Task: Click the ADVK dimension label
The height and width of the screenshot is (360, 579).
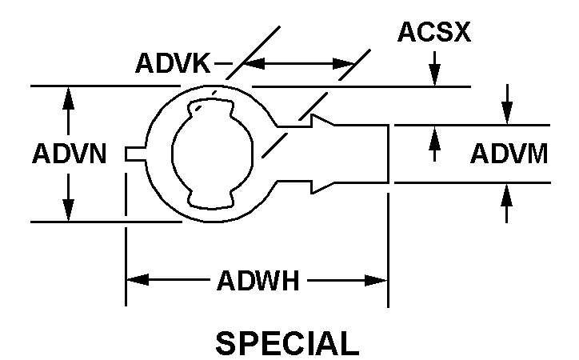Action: (173, 63)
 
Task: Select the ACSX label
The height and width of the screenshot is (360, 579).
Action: (435, 34)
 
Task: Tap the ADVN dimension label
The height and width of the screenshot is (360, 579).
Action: (69, 154)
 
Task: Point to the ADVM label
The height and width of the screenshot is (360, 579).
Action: (509, 153)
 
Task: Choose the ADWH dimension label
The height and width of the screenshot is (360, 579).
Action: (257, 281)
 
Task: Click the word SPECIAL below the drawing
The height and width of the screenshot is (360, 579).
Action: (288, 342)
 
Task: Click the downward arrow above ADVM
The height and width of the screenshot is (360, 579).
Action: (505, 114)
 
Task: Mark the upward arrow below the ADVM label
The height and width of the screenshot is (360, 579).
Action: (505, 194)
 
